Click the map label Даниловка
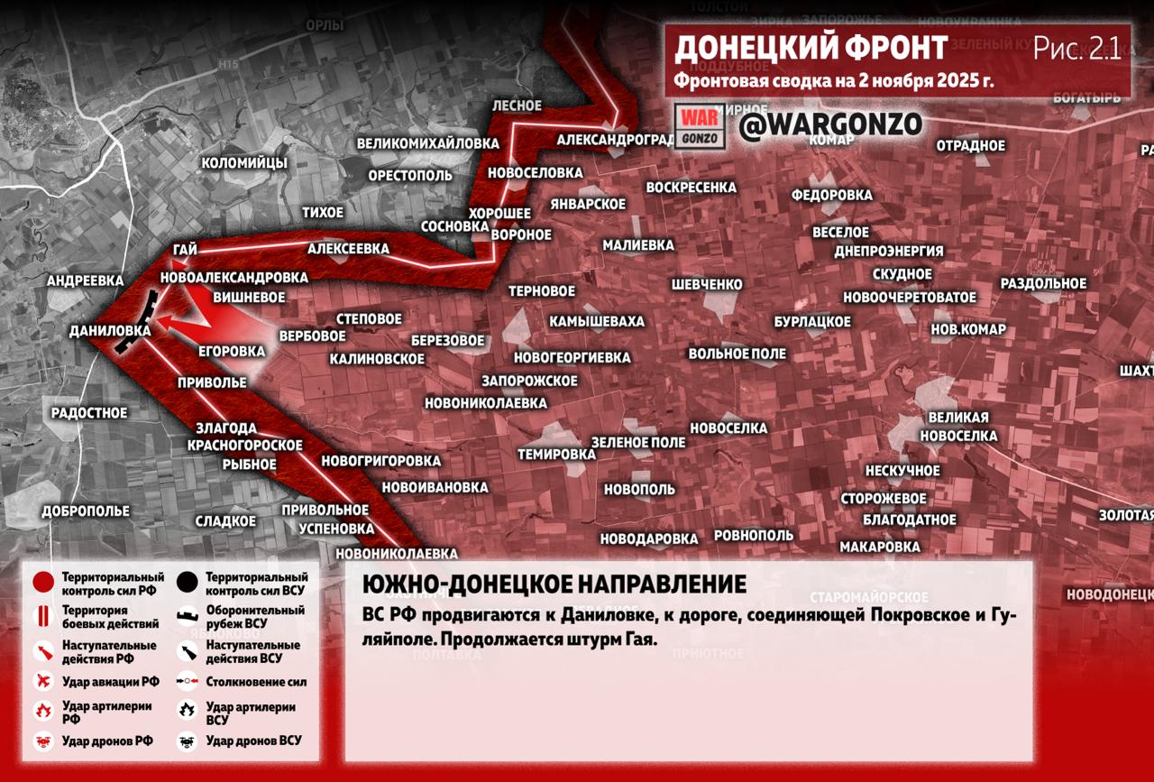pyautogui.click(x=109, y=331)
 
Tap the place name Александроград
pyautogui.click(x=616, y=140)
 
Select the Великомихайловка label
pyautogui.click(x=427, y=143)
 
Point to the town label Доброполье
pyautogui.click(x=86, y=511)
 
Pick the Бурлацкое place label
pyautogui.click(x=812, y=322)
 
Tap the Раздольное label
pyautogui.click(x=1043, y=283)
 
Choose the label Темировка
pyautogui.click(x=556, y=455)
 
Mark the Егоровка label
pyautogui.click(x=232, y=351)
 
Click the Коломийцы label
pyautogui.click(x=244, y=163)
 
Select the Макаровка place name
pyautogui.click(x=880, y=547)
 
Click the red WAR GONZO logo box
pyautogui.click(x=701, y=126)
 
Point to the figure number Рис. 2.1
pyautogui.click(x=1076, y=49)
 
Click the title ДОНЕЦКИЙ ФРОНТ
pyautogui.click(x=811, y=47)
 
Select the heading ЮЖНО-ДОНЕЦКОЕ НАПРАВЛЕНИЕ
pyautogui.click(x=554, y=584)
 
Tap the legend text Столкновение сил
pyautogui.click(x=256, y=683)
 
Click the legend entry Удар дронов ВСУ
pyautogui.click(x=253, y=741)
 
